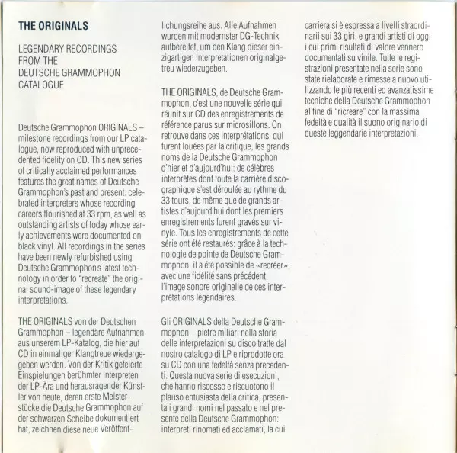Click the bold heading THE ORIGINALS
[x=53, y=26]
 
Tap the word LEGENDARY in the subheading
[x=45, y=49]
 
